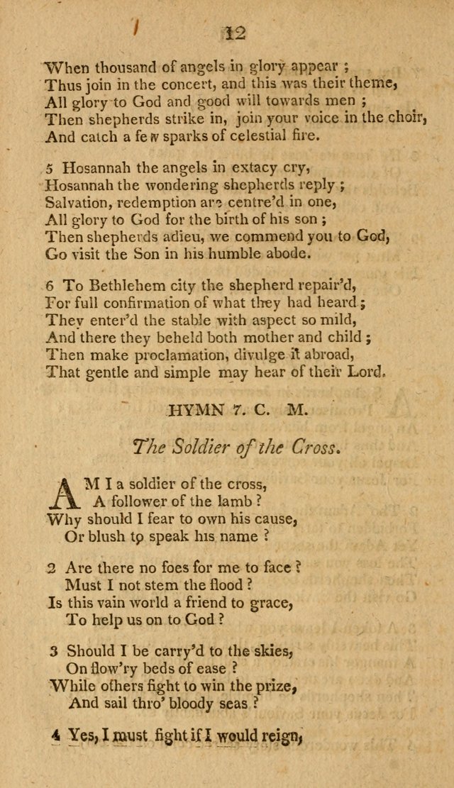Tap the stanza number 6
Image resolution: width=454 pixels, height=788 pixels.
click(50, 286)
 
